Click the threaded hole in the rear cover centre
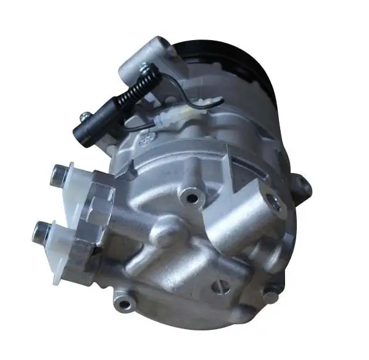(194, 198)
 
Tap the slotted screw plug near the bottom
(222, 286)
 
